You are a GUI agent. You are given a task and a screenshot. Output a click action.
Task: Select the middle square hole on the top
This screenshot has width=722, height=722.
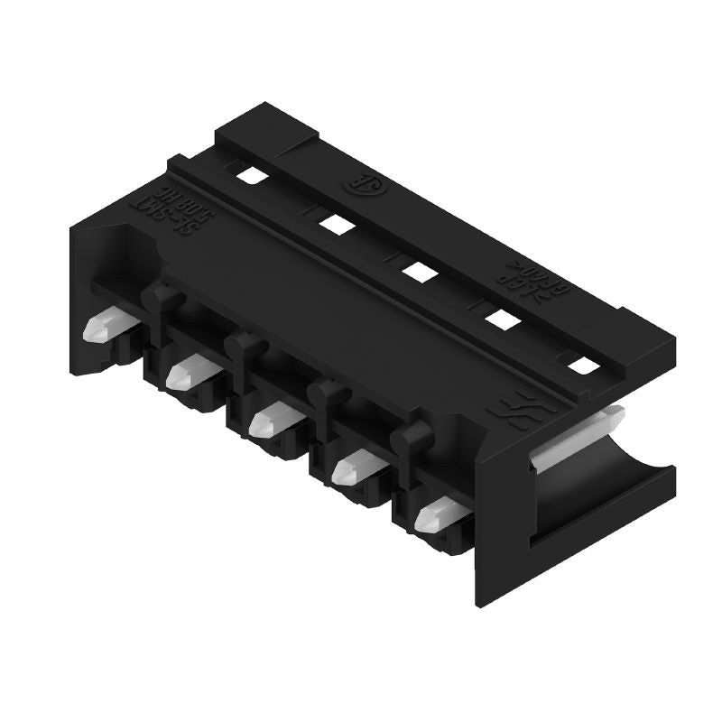(417, 268)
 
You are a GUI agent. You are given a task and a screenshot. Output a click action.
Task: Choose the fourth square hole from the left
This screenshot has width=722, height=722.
(500, 316)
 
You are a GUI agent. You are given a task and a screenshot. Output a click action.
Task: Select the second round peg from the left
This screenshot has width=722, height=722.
(242, 344)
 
